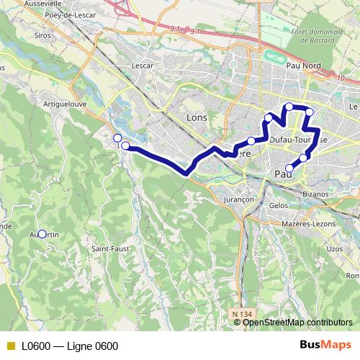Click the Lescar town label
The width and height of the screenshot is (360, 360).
click(x=143, y=66)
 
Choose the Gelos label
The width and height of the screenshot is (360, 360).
click(x=278, y=205)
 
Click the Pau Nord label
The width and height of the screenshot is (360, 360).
click(x=303, y=66)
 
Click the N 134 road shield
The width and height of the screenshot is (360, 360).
click(x=243, y=314)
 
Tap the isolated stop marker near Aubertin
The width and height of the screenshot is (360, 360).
click(x=42, y=234)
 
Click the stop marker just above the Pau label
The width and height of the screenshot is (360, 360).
click(x=289, y=168)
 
